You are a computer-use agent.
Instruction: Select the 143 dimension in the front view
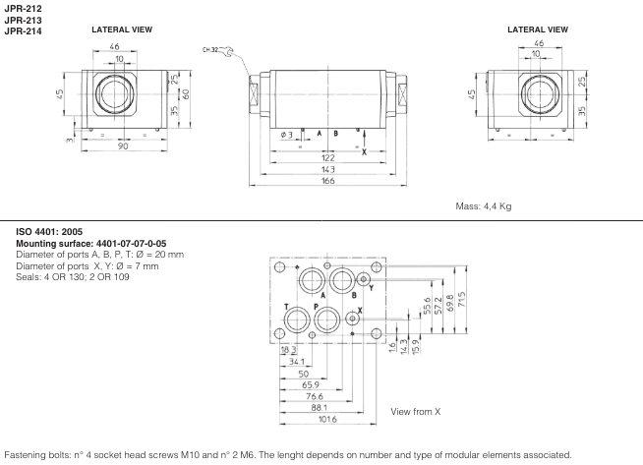(x=327, y=169)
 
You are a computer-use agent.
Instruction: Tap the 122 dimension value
(x=327, y=157)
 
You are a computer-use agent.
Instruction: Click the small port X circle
(x=352, y=317)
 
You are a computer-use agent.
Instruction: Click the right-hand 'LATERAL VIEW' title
(x=537, y=29)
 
